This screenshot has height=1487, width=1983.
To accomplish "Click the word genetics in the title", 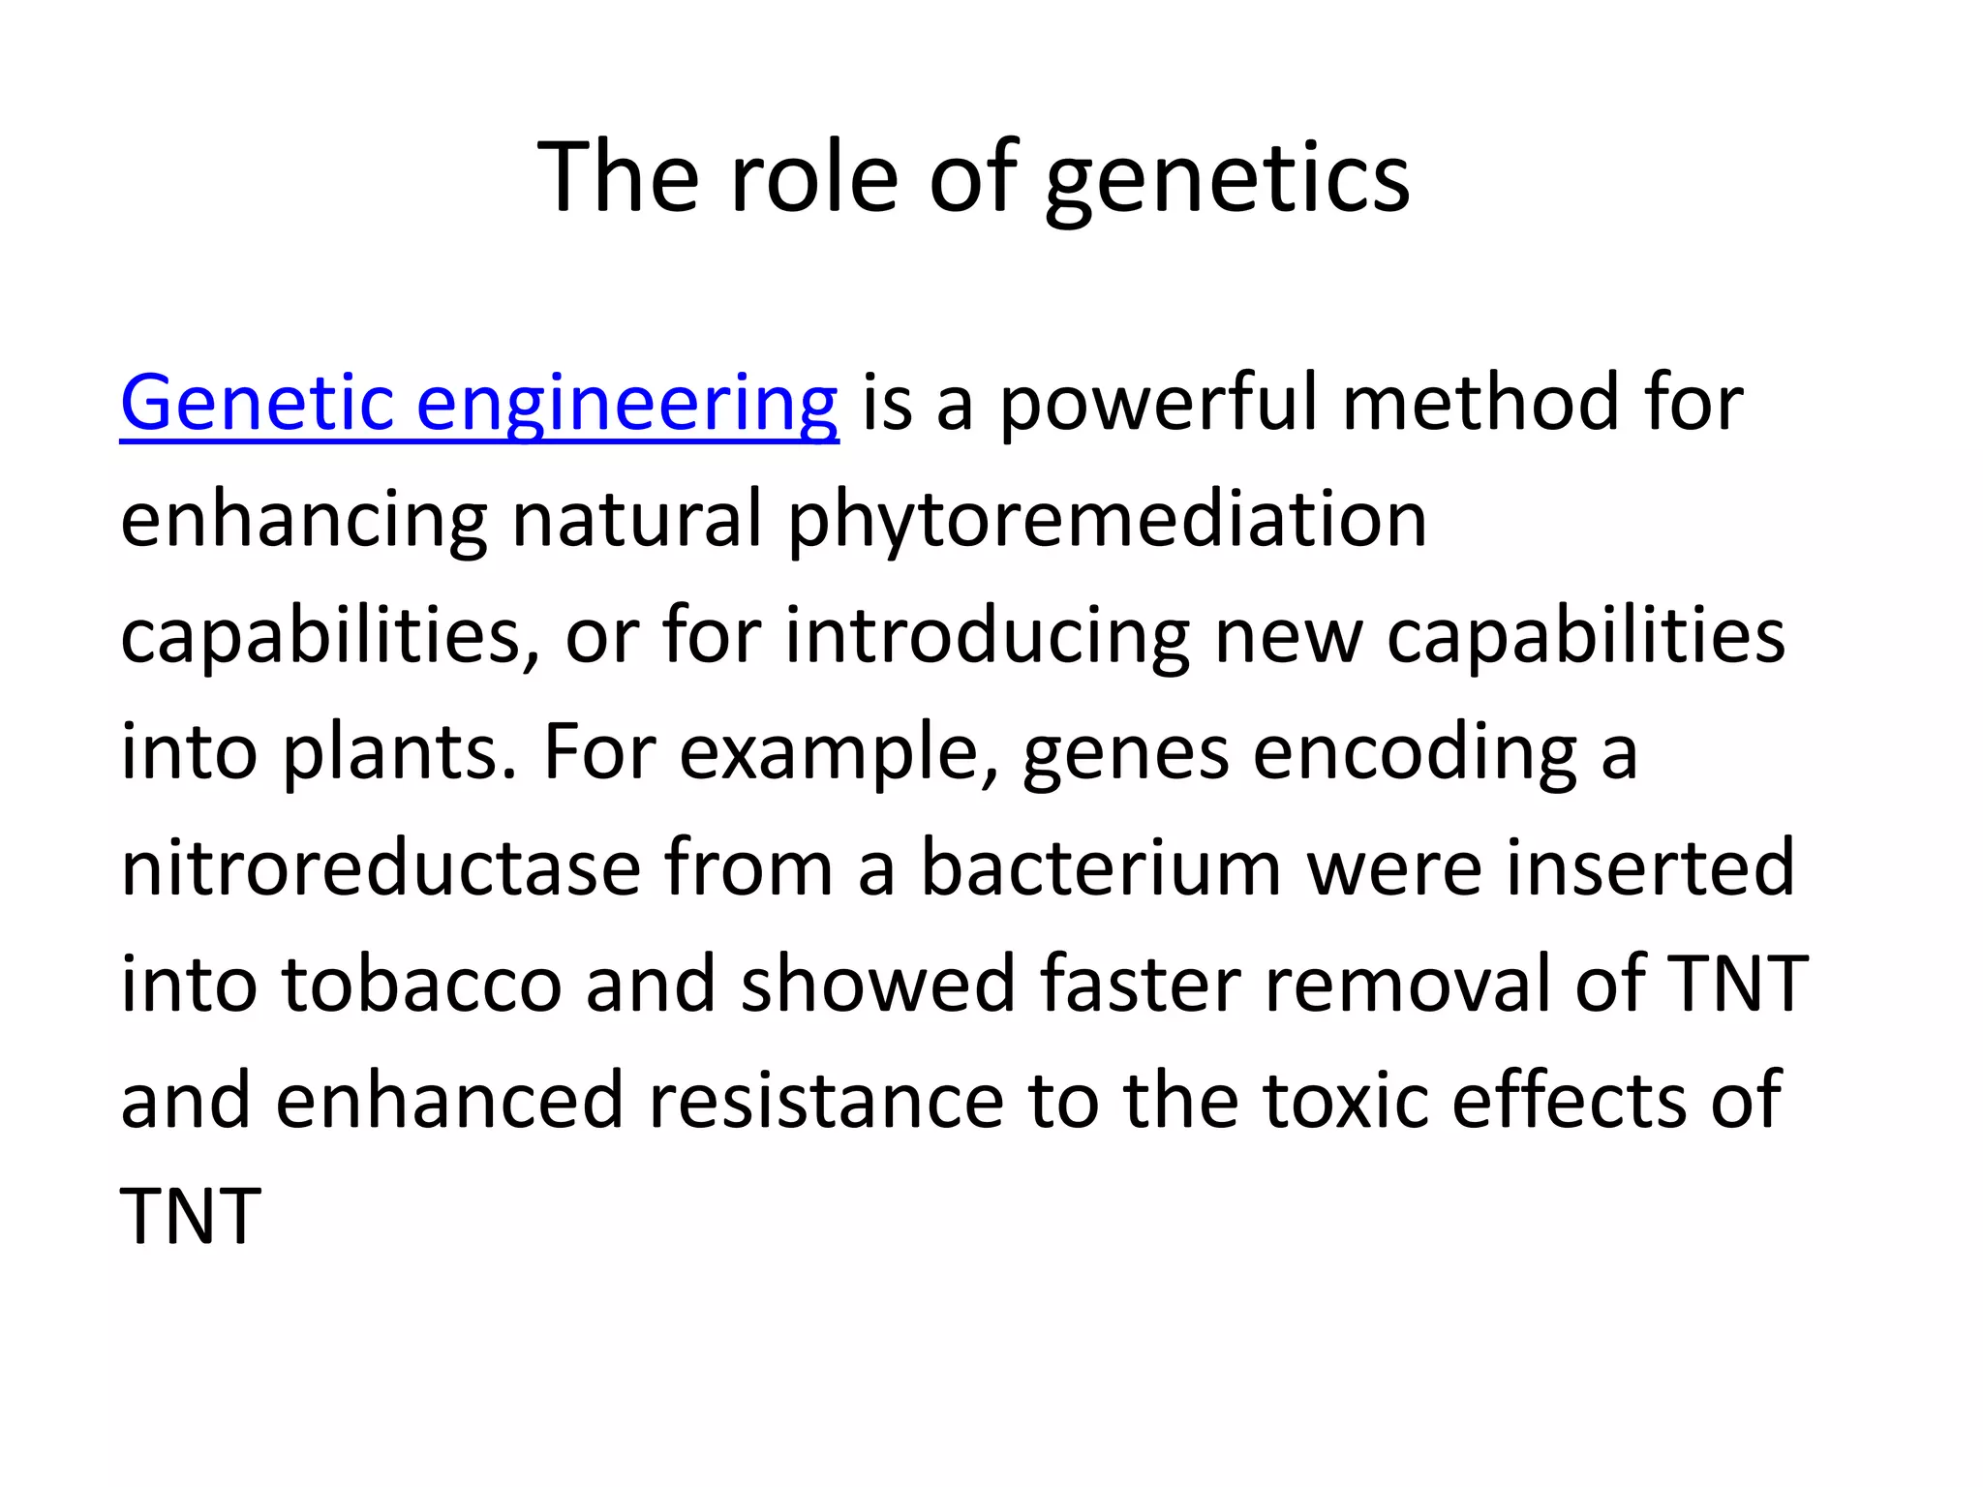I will pos(1227,179).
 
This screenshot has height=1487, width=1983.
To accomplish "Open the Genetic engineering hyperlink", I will pos(479,405).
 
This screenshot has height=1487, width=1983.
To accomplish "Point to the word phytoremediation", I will pos(1107,521).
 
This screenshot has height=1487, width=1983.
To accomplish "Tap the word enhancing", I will pos(303,521).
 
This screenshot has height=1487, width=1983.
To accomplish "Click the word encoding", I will pos(1416,753).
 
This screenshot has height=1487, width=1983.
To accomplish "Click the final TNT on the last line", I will pos(191,1217).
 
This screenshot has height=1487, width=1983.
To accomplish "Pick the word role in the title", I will pos(814,179).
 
